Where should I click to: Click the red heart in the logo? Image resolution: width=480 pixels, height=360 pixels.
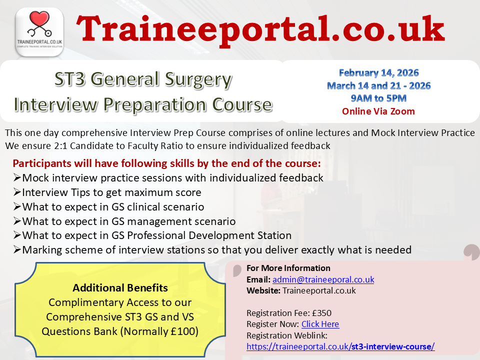tap(39, 18)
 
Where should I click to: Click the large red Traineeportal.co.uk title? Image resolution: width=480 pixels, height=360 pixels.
tap(260, 30)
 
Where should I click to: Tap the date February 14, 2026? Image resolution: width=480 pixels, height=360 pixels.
tap(378, 73)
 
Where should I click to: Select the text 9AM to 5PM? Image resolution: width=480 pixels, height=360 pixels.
tap(378, 98)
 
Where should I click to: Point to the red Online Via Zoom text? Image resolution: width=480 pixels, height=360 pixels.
tap(378, 111)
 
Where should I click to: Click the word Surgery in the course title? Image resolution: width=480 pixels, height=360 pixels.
tap(198, 79)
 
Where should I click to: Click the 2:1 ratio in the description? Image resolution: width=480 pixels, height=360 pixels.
tap(60, 145)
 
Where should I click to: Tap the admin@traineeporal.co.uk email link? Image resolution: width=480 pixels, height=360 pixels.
tap(323, 279)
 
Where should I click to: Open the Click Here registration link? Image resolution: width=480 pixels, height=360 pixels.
tap(320, 324)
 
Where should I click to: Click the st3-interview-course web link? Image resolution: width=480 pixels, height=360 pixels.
tap(340, 346)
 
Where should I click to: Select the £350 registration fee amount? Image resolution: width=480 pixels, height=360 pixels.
tap(321, 313)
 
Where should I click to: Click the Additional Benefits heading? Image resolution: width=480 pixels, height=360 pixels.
tap(120, 288)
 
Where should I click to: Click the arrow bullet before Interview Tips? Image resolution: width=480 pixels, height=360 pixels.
tap(17, 192)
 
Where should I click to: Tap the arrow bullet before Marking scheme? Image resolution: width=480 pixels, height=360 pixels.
tap(17, 249)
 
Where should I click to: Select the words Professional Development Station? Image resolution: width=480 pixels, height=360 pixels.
tap(209, 235)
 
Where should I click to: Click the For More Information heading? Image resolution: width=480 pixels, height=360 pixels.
tap(288, 268)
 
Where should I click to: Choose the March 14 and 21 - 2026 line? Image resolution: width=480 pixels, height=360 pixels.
tap(378, 85)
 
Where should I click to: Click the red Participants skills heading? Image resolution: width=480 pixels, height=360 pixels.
tap(166, 163)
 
